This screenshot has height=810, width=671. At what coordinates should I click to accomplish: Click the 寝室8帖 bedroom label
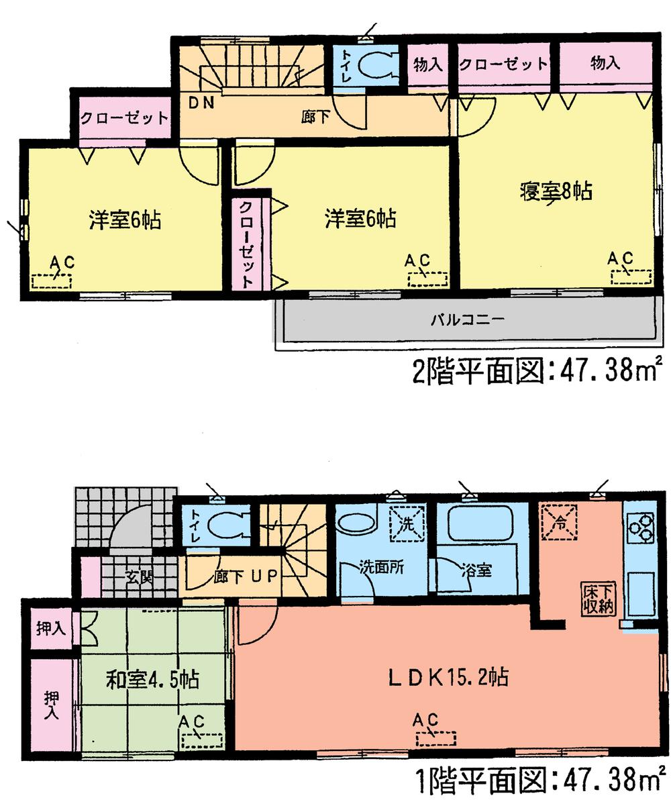point(555,192)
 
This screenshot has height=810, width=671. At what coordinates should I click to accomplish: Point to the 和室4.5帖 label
point(152,680)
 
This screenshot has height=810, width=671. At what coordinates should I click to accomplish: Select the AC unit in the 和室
point(201,740)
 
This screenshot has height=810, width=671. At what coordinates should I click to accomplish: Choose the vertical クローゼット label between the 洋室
point(246,244)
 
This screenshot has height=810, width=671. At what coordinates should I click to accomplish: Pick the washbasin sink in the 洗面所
point(354,523)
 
